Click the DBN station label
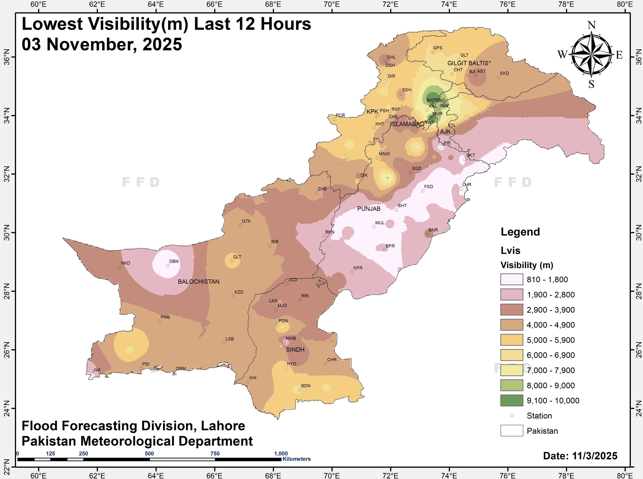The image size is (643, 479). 174,261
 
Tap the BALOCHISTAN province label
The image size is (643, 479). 199,282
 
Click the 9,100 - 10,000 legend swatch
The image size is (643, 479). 512,400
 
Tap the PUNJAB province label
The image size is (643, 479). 369,209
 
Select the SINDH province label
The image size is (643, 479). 295,350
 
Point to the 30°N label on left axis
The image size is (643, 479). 6,232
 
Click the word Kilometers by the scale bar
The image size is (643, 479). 296,459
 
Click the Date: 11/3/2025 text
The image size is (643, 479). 580,456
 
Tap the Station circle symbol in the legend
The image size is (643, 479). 512,415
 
